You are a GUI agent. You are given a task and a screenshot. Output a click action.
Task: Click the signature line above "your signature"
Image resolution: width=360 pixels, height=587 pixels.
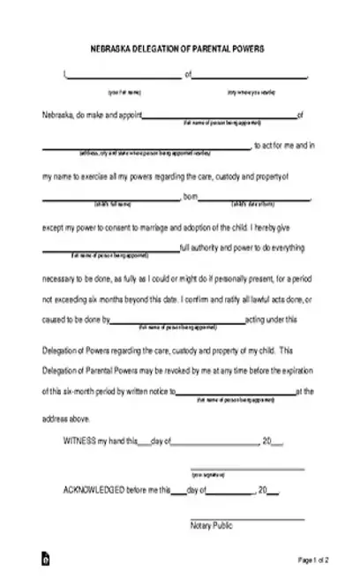coord(247,470)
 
